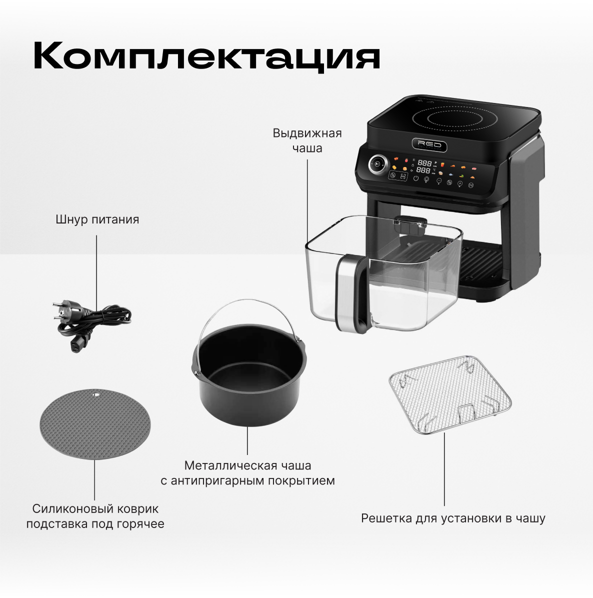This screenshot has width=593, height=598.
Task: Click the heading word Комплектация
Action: (x=206, y=56)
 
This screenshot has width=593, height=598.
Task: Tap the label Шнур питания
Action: (x=97, y=219)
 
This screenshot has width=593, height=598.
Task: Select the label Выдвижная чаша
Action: (x=307, y=140)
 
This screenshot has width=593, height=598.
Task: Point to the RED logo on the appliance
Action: (x=429, y=145)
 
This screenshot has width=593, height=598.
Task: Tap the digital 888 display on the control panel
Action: (x=424, y=166)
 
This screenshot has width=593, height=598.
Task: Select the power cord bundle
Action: (x=92, y=322)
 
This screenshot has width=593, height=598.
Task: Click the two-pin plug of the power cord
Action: (x=63, y=311)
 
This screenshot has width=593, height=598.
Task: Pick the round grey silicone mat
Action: (x=95, y=424)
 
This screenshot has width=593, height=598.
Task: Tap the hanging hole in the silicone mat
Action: (x=95, y=393)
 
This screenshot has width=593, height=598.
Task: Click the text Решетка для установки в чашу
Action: (x=453, y=518)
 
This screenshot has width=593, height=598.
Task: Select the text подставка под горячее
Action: (x=95, y=524)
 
